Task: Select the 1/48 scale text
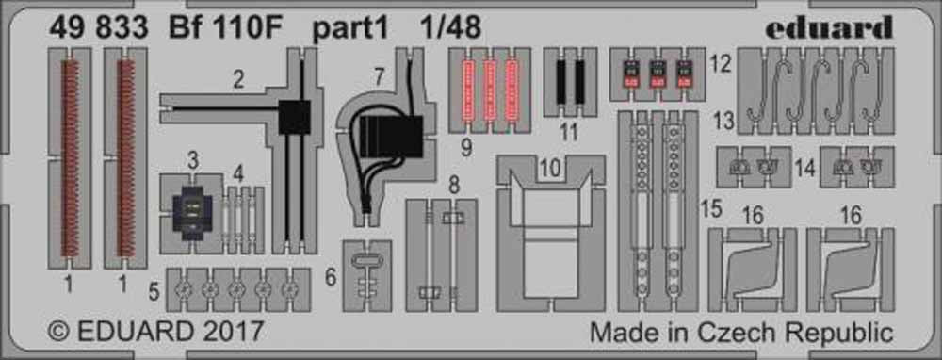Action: coord(442,27)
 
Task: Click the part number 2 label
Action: coord(238,79)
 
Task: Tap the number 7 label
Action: coord(379,76)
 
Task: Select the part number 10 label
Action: coord(551,169)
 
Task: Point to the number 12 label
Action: coord(719,63)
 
